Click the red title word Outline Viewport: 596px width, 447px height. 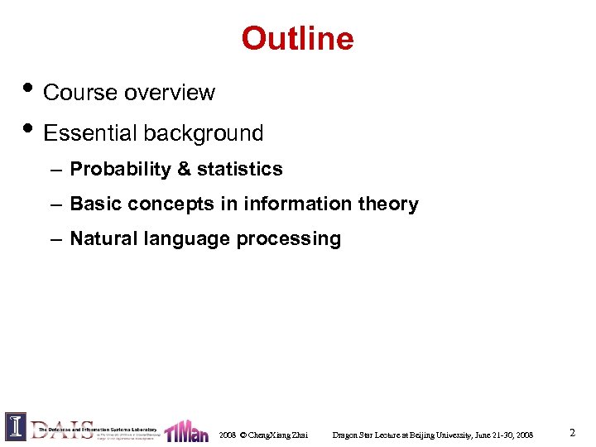297,38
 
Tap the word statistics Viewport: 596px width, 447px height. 239,170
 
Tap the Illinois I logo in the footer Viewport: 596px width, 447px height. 15,425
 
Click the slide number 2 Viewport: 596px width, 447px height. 572,432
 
